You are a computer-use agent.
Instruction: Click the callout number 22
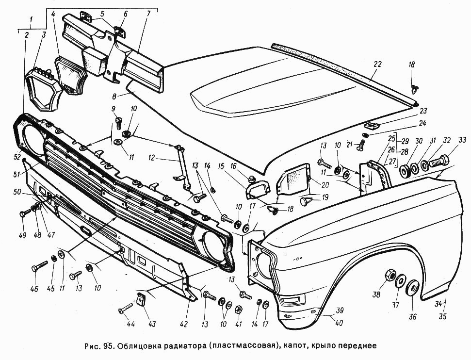tap(377, 64)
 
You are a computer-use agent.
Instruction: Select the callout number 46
tap(34, 289)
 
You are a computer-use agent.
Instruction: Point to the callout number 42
tap(183, 324)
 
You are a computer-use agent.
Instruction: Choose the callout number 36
tap(413, 316)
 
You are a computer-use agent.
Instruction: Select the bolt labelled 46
tap(39, 266)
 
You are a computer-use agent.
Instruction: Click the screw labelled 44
tap(125, 309)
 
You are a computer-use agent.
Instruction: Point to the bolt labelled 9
tap(118, 124)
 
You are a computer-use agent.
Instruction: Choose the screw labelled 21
tap(358, 147)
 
